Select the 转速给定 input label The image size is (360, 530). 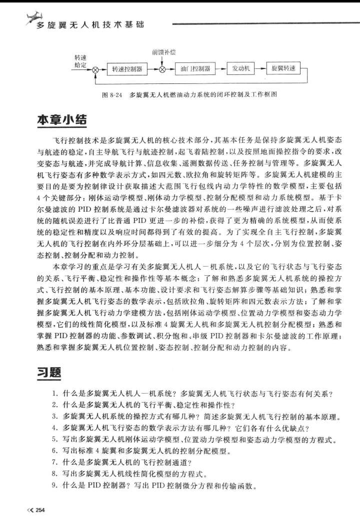(80, 61)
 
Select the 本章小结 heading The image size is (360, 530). (62, 121)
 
